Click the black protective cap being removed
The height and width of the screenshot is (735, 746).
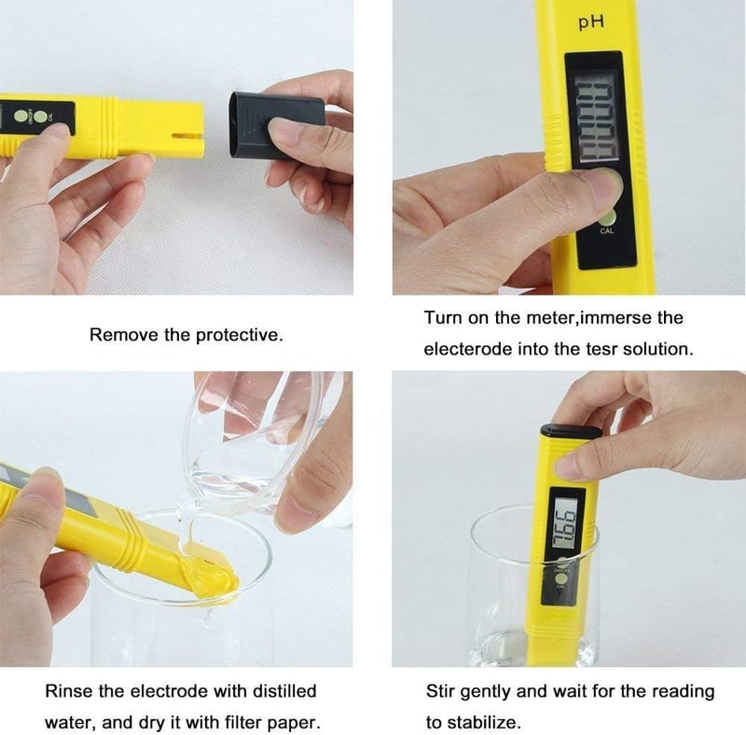coord(276,126)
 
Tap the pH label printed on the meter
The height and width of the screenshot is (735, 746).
coord(591,22)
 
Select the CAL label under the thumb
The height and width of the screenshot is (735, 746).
coord(607,231)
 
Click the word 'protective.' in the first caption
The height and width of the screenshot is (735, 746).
coord(240,336)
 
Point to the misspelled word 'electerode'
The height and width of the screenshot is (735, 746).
coord(468,350)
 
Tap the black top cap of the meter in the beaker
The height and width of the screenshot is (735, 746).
coord(571,432)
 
